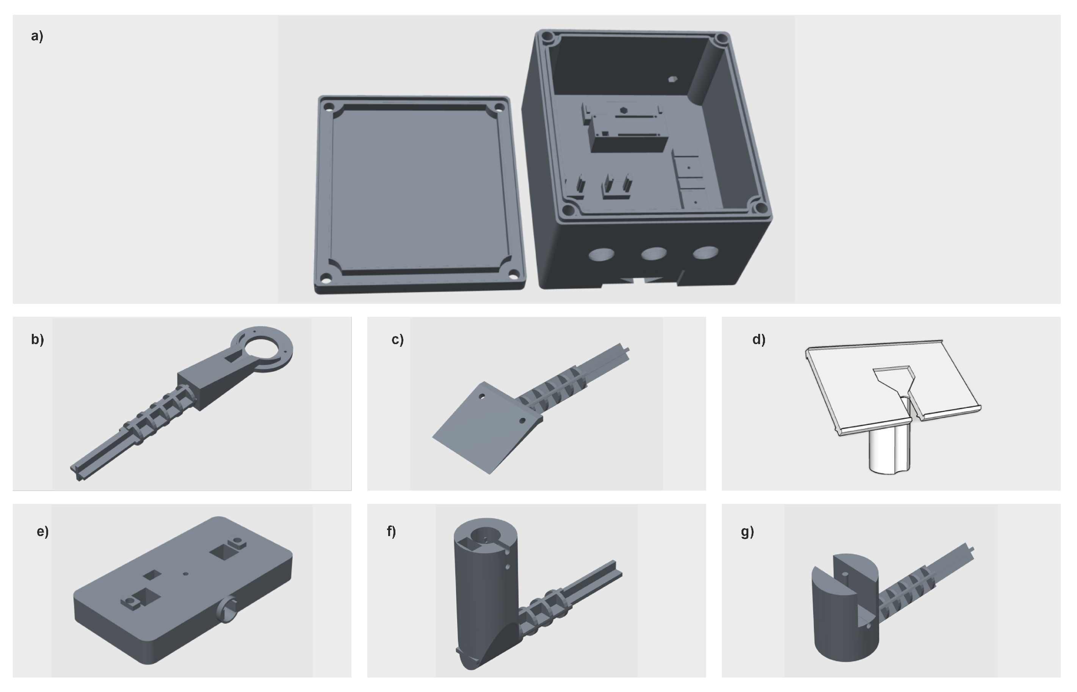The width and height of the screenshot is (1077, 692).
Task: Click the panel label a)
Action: (x=37, y=36)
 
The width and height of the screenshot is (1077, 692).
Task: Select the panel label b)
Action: (x=38, y=339)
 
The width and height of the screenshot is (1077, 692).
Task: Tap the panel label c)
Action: (x=398, y=339)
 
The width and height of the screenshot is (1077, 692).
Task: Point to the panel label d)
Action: (x=759, y=339)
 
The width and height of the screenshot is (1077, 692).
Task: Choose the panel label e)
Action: (x=43, y=532)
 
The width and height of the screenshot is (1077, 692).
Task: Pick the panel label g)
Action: (x=748, y=532)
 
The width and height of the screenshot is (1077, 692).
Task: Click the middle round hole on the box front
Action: (x=654, y=253)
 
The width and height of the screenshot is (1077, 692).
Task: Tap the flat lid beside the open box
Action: (x=419, y=194)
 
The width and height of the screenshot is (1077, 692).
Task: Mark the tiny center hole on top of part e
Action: (x=186, y=573)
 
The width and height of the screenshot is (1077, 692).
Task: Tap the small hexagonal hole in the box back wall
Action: (x=672, y=79)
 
